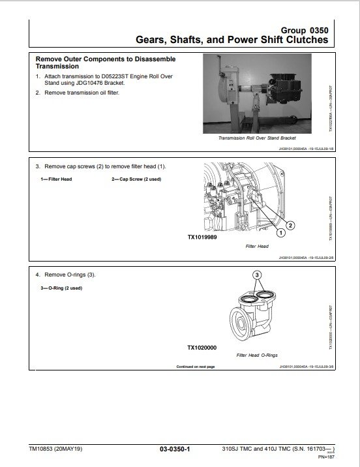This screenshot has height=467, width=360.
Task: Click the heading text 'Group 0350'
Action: click(x=303, y=30)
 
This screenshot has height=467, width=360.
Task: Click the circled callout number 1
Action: click(x=280, y=232)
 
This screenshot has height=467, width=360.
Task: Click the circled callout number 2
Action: click(x=291, y=225)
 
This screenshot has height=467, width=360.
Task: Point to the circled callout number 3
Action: click(x=257, y=276)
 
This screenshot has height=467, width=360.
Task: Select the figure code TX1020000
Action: click(x=202, y=348)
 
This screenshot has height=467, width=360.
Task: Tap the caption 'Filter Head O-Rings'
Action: click(x=257, y=355)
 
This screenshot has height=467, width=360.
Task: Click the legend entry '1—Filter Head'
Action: click(x=56, y=179)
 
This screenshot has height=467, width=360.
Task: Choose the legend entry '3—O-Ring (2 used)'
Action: click(x=61, y=287)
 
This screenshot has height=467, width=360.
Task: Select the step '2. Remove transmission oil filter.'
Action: click(x=82, y=93)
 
